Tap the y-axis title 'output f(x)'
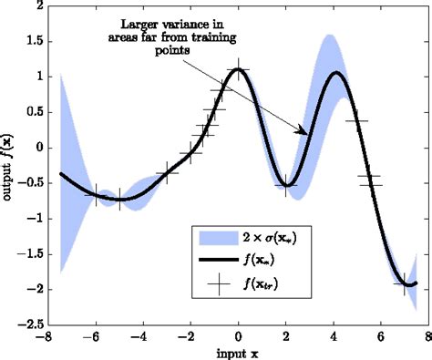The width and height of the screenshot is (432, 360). [8, 164]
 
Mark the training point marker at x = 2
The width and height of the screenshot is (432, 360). [285, 185]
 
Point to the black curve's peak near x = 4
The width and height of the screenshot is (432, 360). [335, 73]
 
